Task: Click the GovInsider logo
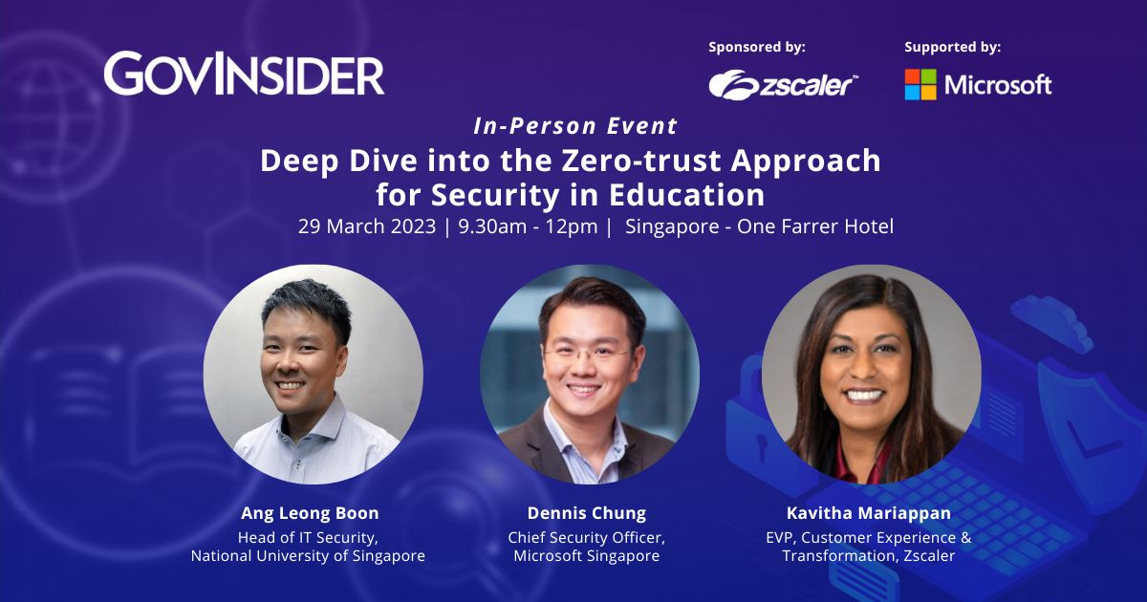(x=244, y=75)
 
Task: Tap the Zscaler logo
(x=783, y=84)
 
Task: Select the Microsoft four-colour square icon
(x=920, y=84)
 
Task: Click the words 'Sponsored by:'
(x=757, y=46)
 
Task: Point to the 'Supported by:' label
(x=953, y=46)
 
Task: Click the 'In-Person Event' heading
(x=575, y=126)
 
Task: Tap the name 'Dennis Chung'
(x=587, y=513)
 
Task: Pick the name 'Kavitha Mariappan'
(x=868, y=513)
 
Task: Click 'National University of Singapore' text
(x=308, y=555)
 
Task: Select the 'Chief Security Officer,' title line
(x=587, y=536)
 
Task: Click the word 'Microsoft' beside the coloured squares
(x=998, y=84)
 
